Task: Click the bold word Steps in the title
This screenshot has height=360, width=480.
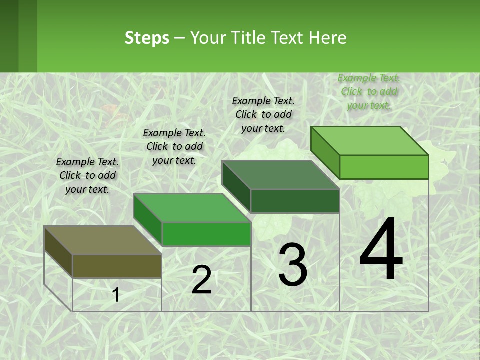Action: (147, 38)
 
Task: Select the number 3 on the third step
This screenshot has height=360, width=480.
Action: (293, 264)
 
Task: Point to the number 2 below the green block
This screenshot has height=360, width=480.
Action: (202, 280)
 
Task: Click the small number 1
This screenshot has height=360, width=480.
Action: (116, 295)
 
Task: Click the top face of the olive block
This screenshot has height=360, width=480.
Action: (102, 240)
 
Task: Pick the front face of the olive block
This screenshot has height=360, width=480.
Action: (117, 266)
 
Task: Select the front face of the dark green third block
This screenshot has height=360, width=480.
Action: (295, 201)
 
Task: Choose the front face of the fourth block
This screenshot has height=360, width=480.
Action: (384, 167)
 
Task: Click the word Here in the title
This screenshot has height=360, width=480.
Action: (328, 38)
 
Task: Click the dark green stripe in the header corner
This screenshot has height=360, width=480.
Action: (9, 36)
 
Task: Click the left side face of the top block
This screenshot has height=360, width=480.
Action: (325, 152)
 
